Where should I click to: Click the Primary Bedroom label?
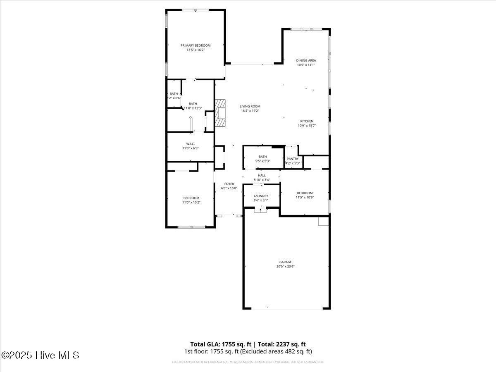click(x=196, y=45)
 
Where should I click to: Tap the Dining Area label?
click(x=306, y=60)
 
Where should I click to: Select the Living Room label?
click(x=250, y=106)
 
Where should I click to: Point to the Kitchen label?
click(x=307, y=121)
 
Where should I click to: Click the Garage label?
click(x=285, y=262)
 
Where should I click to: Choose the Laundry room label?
click(x=261, y=196)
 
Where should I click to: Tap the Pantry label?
click(x=293, y=159)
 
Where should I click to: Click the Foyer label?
click(x=229, y=184)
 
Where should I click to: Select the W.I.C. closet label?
click(x=190, y=143)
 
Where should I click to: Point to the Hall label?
click(x=262, y=175)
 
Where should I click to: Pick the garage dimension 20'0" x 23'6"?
click(x=285, y=267)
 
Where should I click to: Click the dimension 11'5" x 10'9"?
click(x=305, y=198)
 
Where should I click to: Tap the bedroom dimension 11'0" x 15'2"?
click(x=191, y=203)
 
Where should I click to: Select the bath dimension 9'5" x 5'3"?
click(x=262, y=161)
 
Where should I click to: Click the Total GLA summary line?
click(x=248, y=344)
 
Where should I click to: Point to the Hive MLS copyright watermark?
click(x=40, y=355)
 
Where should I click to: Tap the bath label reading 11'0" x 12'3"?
click(x=193, y=108)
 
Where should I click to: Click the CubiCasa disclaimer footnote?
click(x=248, y=362)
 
